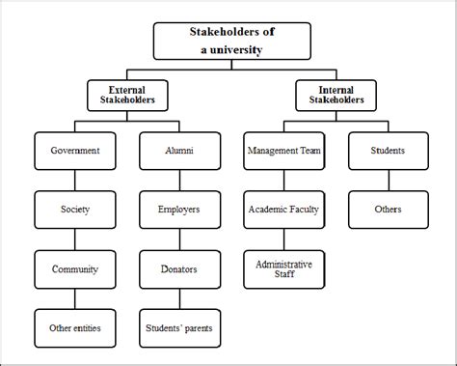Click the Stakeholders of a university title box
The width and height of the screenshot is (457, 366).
[232, 41]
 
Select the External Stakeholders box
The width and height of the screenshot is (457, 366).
[121, 94]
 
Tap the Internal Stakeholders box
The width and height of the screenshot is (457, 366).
[336, 94]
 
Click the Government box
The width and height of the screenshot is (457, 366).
[74, 151]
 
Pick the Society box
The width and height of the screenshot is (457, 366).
[74, 209]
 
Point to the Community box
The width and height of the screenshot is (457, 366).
[74, 269]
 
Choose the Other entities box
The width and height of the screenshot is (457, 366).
[74, 327]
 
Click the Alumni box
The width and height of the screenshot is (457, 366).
[178, 151]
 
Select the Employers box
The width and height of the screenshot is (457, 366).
[178, 209]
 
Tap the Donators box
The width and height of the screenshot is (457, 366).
[178, 269]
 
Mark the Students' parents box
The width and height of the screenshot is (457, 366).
[178, 327]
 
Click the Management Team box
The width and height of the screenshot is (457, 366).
[283, 151]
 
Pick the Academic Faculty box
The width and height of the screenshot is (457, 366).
[283, 209]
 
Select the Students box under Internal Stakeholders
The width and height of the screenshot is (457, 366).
[388, 151]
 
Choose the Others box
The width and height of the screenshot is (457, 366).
[388, 209]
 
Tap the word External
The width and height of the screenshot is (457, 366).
[121, 88]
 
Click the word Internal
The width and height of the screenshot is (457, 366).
[336, 88]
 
